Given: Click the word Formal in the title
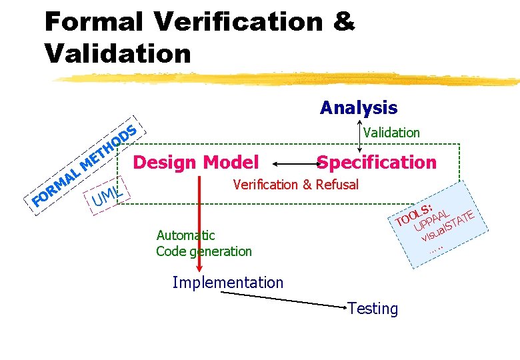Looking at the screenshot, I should point(93,22).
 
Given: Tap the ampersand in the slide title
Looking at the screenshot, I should point(343,22).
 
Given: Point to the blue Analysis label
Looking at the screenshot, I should point(358,107).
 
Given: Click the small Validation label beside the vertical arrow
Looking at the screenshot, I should point(391,133).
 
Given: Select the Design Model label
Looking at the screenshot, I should point(196,162).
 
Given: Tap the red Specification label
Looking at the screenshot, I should point(377,162).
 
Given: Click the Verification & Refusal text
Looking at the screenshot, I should point(295,185).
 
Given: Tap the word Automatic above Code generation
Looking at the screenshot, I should point(185,235).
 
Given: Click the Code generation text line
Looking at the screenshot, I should point(204,251).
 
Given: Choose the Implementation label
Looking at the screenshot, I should point(227,283).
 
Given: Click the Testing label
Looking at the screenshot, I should point(373,309).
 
